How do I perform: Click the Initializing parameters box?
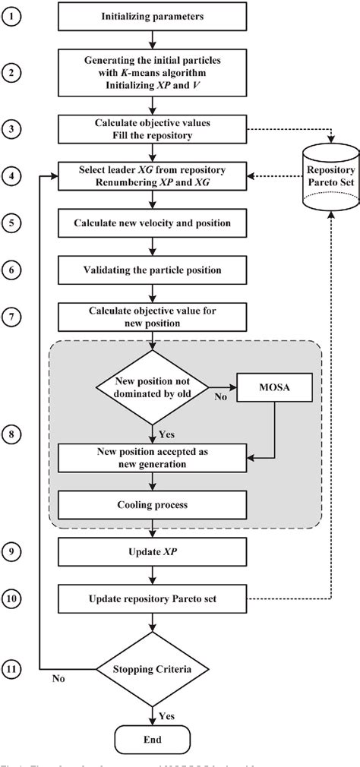[154, 14]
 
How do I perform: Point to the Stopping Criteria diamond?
[155, 670]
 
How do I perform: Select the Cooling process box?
[154, 503]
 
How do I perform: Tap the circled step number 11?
[14, 670]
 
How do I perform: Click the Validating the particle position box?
[154, 269]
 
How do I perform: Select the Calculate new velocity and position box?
[154, 225]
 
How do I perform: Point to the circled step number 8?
[14, 434]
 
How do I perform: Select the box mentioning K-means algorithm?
[154, 73]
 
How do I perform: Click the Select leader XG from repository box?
[154, 175]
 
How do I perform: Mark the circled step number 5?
[14, 225]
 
